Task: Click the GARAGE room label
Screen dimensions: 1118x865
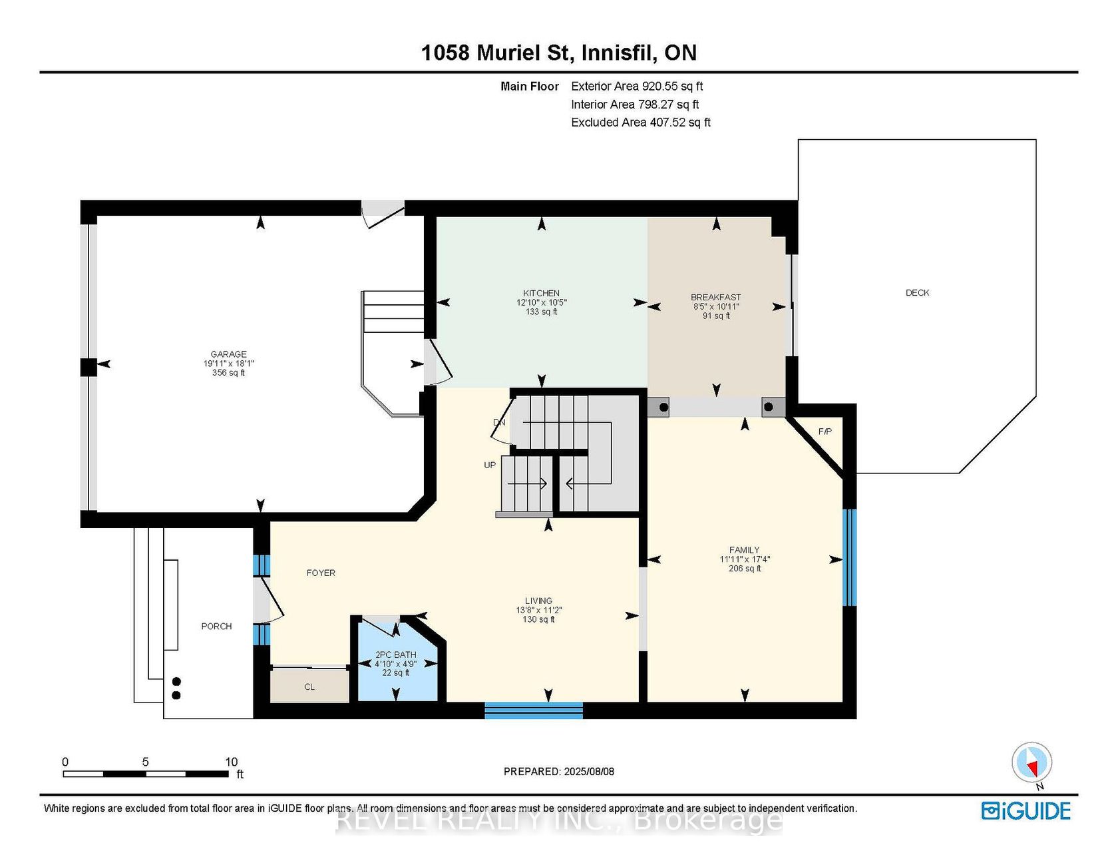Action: [x=229, y=354]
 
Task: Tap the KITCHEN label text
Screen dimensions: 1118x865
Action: [x=541, y=293]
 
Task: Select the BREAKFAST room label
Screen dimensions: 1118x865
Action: [x=716, y=297]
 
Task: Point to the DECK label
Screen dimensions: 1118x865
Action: [x=917, y=292]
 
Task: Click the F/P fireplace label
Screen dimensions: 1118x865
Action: [x=825, y=432]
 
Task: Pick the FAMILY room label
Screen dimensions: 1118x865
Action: [x=744, y=550]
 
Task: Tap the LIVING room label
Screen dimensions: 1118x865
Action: [x=538, y=601]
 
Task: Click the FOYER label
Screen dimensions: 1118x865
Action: [x=321, y=573]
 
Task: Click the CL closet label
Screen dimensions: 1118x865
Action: [x=309, y=687]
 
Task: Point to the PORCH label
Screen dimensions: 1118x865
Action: [x=216, y=626]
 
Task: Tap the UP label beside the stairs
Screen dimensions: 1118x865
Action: [x=490, y=465]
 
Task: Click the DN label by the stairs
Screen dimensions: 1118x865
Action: [x=499, y=422]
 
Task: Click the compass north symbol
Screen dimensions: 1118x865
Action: [x=1032, y=763]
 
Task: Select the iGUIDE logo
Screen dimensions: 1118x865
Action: [x=1025, y=810]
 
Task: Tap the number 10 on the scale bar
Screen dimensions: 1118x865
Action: [x=231, y=762]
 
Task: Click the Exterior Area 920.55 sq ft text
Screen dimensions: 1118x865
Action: [x=637, y=86]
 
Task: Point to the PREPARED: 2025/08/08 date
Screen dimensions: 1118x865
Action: [x=559, y=771]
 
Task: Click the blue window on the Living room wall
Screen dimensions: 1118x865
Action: [x=534, y=711]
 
